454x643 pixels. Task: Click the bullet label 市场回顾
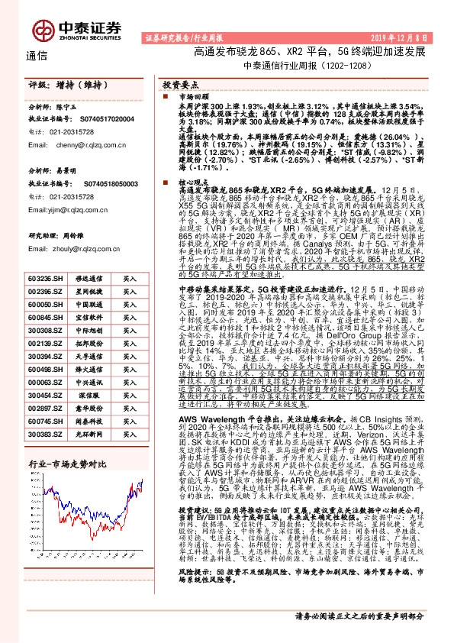click(x=188, y=98)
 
